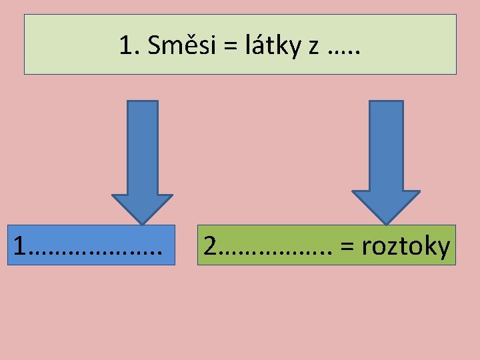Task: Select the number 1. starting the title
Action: (129, 45)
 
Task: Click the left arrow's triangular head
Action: (142, 207)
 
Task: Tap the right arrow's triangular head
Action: (386, 206)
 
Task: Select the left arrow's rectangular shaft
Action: (142, 147)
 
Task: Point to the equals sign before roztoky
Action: (347, 247)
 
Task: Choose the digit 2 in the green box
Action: (210, 246)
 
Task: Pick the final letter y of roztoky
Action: (443, 249)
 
